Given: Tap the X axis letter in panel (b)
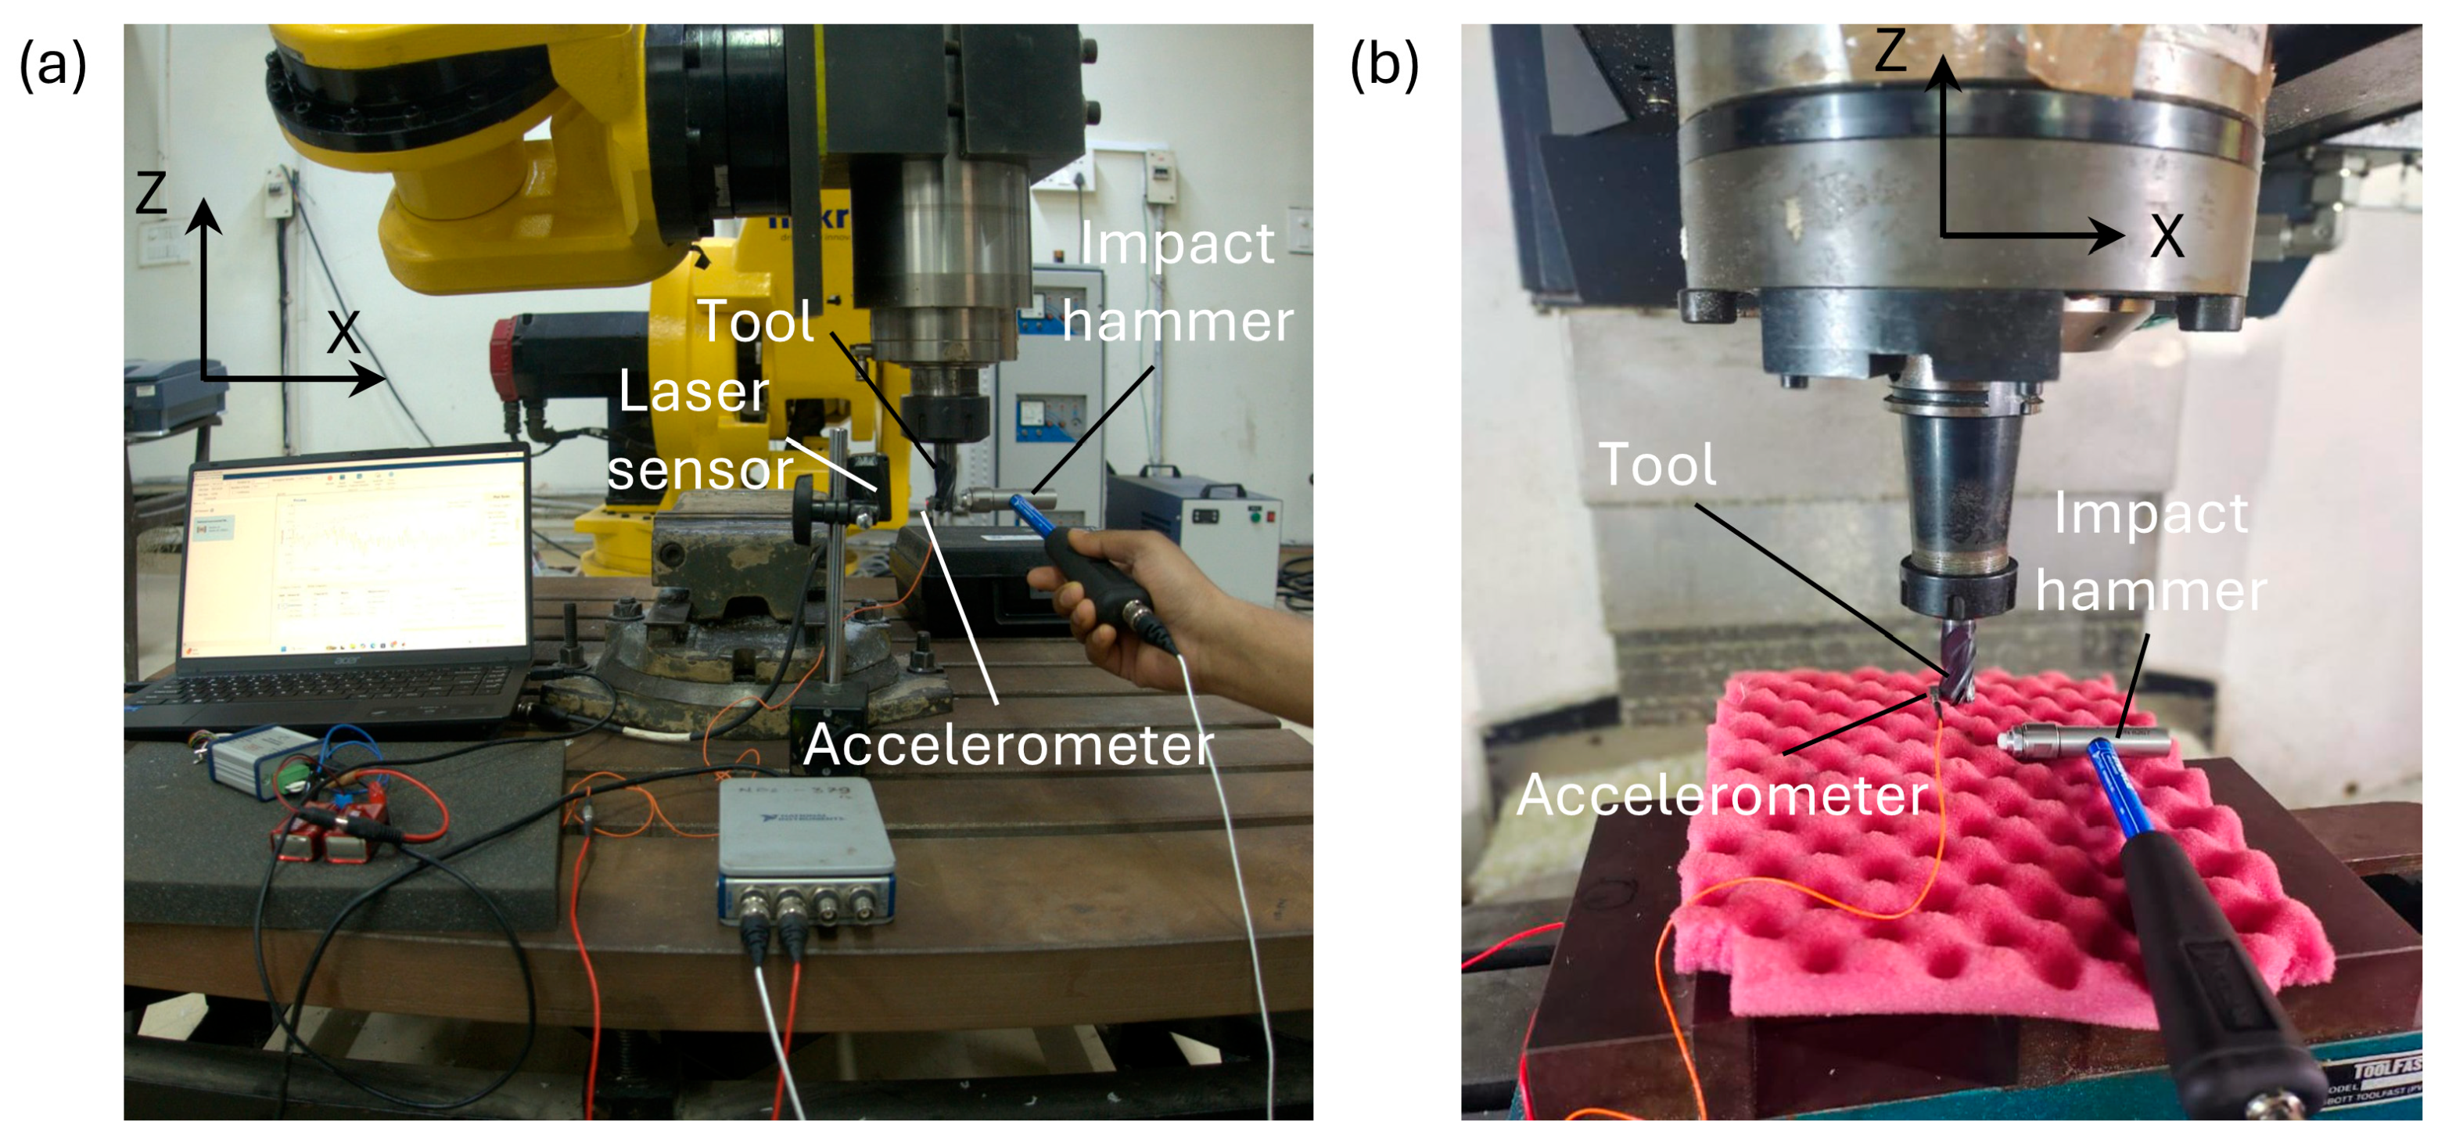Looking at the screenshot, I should click(x=2167, y=235).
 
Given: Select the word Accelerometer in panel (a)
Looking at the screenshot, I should click(x=1008, y=746).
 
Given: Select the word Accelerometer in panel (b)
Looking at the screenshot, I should click(x=1722, y=795).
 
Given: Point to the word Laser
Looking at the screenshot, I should click(x=693, y=391).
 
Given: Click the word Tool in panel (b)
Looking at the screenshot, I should click(x=1657, y=465).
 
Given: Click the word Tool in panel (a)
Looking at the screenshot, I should click(x=756, y=321).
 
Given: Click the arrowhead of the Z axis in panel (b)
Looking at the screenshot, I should click(x=1942, y=71).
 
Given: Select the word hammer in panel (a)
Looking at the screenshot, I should click(x=1177, y=321).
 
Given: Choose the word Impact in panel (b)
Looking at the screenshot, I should click(x=2150, y=514).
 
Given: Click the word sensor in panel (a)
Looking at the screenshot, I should click(x=700, y=469).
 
